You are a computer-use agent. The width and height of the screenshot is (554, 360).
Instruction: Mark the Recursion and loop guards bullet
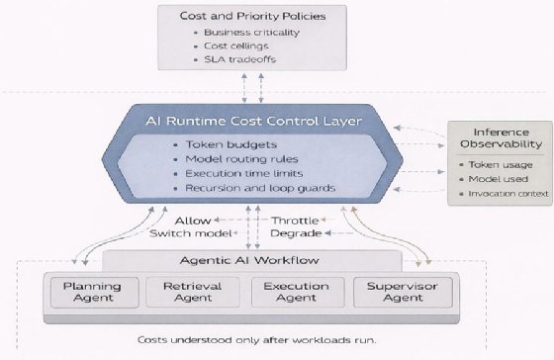pos(259,187)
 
